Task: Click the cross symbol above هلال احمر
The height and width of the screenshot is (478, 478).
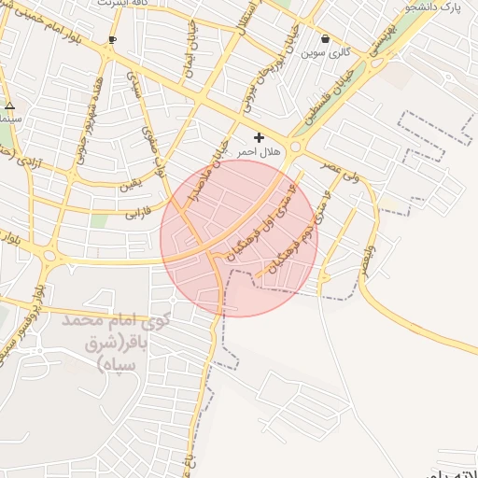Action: [x=259, y=137]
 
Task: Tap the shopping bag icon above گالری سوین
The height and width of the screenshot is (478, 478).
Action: [x=325, y=39]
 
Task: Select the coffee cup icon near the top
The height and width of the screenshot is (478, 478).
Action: [x=112, y=39]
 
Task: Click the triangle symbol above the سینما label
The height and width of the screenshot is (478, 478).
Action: [x=9, y=105]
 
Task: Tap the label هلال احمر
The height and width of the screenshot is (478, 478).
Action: [x=246, y=150]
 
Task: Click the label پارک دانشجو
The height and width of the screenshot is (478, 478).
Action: [x=438, y=7]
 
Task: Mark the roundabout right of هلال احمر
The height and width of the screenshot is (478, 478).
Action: [x=297, y=147]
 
